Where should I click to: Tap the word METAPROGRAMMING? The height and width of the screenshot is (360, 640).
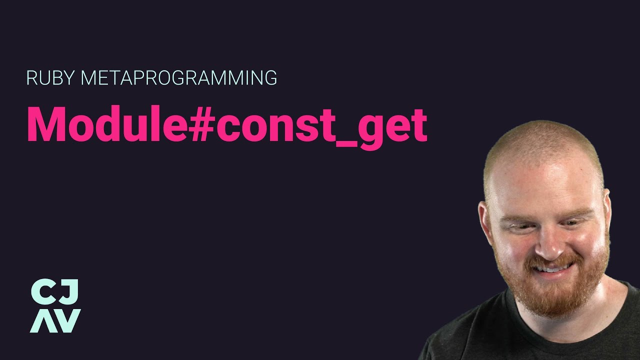pyautogui.click(x=178, y=78)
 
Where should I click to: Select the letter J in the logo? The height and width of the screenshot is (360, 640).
pyautogui.click(x=70, y=292)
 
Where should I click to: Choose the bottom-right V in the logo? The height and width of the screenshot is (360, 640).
pyautogui.click(x=68, y=321)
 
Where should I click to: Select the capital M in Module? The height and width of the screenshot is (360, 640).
pyautogui.click(x=47, y=124)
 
